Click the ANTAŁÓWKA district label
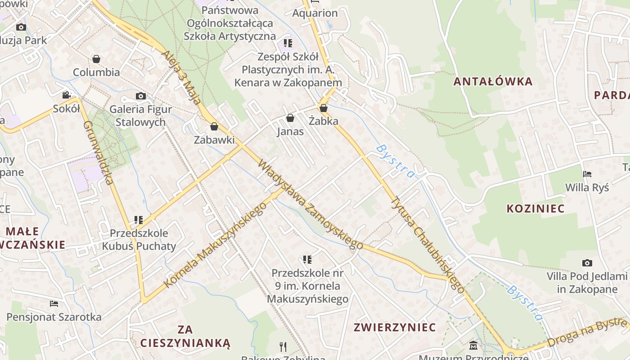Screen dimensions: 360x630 click(493, 81)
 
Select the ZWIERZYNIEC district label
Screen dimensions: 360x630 click(395, 327)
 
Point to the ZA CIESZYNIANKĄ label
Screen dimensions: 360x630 click(185, 336)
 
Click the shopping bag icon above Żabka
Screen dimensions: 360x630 click(323, 108)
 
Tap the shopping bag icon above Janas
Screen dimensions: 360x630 click(290, 118)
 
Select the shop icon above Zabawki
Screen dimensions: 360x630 click(214, 126)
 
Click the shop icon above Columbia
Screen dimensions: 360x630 click(96, 59)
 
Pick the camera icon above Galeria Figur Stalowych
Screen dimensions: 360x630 click(141, 96)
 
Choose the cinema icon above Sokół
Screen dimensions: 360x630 click(67, 95)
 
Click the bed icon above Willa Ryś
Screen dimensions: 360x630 click(587, 174)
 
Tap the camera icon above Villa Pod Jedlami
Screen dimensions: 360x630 click(587, 263)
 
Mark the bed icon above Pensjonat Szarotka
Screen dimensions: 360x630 click(54, 304)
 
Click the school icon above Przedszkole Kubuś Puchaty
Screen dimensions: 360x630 click(139, 220)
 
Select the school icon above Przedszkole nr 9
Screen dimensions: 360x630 click(307, 259)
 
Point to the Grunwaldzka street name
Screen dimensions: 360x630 click(98, 153)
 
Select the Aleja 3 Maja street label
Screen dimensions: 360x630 click(181, 77)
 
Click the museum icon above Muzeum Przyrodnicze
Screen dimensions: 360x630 click(473, 346)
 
